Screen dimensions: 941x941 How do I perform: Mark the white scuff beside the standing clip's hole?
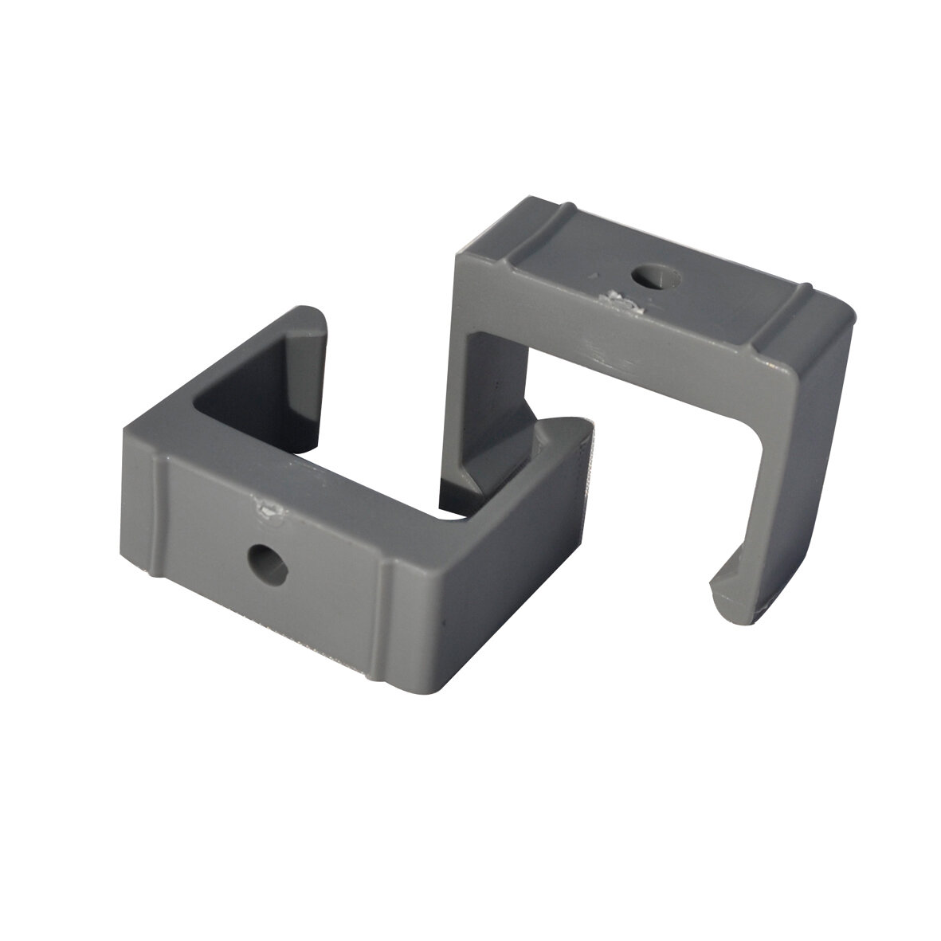pos(617,299)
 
